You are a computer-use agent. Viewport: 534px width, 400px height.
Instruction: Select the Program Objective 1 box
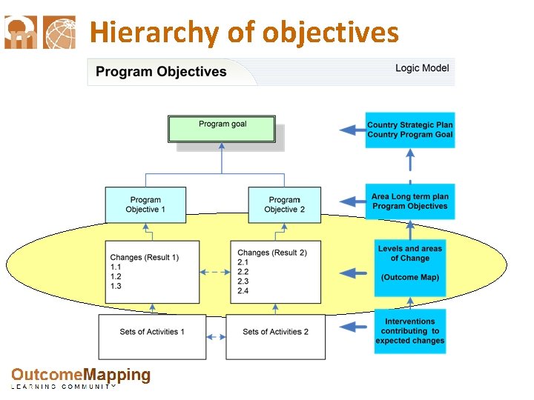coord(145,204)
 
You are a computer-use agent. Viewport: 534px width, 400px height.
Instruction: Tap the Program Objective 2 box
coord(284,204)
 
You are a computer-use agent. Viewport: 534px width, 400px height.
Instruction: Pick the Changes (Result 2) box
coord(275,271)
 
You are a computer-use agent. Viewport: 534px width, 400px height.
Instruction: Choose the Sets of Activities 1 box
coord(151,336)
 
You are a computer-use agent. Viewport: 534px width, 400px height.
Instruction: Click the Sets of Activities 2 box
coord(275,336)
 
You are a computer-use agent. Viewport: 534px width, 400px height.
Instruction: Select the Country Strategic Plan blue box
coord(409,130)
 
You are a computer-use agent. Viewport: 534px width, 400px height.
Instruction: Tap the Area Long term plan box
coord(409,201)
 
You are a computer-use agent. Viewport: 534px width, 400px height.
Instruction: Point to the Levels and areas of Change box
coord(409,263)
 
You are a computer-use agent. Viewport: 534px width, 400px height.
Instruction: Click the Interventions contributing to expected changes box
coord(409,331)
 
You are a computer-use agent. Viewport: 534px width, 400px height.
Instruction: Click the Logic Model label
coord(421,68)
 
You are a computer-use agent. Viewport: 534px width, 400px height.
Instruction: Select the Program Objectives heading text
coord(161,72)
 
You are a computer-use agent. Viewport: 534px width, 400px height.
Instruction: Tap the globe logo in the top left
coord(59,33)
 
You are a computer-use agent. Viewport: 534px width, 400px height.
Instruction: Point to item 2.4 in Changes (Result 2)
coord(243,291)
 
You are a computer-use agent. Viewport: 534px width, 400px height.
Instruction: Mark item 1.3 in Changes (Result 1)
coord(116,286)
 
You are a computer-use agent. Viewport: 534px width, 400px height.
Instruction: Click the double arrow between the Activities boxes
coord(215,337)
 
